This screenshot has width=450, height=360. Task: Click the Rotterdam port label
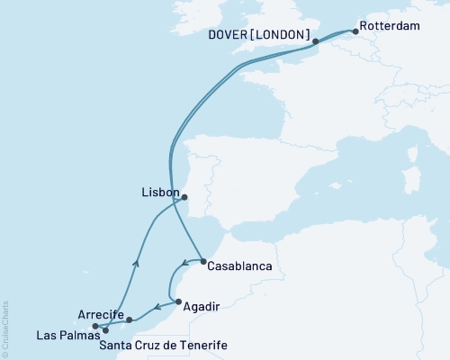[389, 27]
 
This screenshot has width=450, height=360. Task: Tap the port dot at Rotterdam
[355, 32]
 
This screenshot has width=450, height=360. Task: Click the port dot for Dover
[316, 41]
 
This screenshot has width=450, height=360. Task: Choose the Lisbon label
[160, 192]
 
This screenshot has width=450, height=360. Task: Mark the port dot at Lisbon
[184, 197]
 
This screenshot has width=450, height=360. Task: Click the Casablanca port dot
[203, 262]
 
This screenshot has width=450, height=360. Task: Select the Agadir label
[202, 306]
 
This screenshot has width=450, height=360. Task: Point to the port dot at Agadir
[178, 302]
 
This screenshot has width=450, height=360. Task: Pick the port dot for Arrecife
[130, 319]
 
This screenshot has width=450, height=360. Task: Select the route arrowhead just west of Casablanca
[184, 265]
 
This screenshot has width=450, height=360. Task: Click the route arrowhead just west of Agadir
[169, 305]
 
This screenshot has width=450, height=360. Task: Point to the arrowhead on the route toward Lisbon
[137, 263]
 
